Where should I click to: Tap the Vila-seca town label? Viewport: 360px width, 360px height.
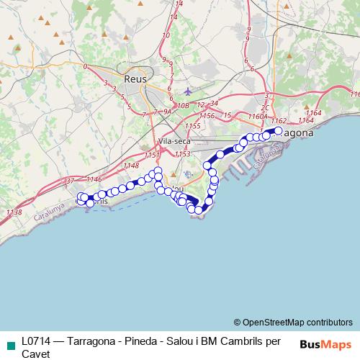pyautogui.click(x=173, y=142)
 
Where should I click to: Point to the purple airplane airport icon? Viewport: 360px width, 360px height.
pyautogui.click(x=189, y=91)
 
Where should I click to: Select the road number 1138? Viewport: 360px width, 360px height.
pyautogui.click(x=14, y=212)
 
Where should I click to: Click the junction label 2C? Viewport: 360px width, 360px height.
pyautogui.click(x=265, y=107)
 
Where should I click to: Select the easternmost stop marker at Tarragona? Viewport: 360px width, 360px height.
pyautogui.click(x=278, y=131)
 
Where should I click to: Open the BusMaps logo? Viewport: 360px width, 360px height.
pyautogui.click(x=325, y=343)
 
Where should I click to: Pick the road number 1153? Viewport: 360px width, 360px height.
pyautogui.click(x=182, y=153)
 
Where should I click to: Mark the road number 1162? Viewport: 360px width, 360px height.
pyautogui.click(x=280, y=120)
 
